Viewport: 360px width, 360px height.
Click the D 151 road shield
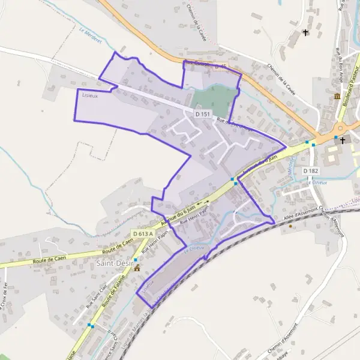[x=203, y=113]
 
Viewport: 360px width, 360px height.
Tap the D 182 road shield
[x=310, y=171]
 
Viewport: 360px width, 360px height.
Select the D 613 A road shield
[x=143, y=233]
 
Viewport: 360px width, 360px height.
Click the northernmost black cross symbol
[x=306, y=33]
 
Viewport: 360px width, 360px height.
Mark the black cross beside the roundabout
[x=343, y=140]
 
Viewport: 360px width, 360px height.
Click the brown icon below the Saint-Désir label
[x=137, y=268]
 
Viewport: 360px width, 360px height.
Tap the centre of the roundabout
[x=339, y=128]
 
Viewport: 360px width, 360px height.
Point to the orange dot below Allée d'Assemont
[x=291, y=226]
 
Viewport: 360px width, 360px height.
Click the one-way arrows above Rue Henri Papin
[x=203, y=202]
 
